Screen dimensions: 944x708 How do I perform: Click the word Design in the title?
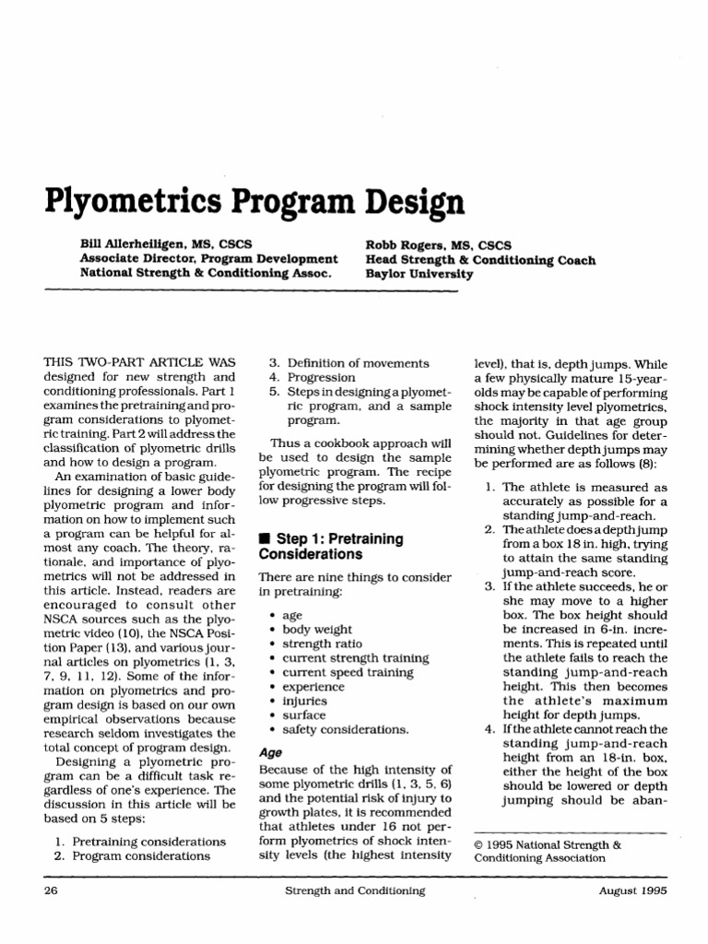coord(409,200)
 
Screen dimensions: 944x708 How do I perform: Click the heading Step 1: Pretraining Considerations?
coord(324,546)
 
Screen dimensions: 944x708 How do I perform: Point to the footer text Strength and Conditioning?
coord(355,891)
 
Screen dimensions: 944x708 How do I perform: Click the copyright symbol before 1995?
coord(478,843)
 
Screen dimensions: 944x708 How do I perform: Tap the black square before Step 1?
coord(264,538)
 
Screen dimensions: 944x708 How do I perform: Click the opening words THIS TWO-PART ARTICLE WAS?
coord(139,363)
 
